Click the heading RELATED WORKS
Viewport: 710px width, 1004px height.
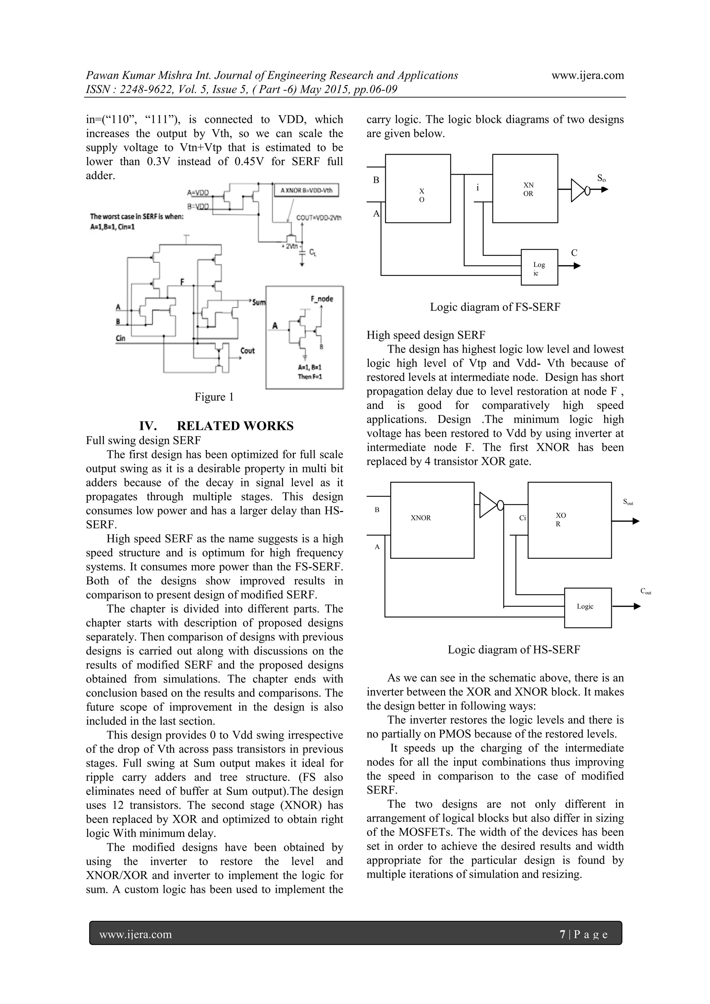coord(235,426)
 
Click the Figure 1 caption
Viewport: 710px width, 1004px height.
coord(214,397)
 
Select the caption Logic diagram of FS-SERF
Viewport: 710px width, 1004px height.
coord(495,307)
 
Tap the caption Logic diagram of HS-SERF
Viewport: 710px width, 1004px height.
coord(514,650)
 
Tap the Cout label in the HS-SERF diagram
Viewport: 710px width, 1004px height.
coord(646,591)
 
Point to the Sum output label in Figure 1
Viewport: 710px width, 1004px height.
coord(259,302)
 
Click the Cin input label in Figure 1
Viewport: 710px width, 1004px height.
coord(120,338)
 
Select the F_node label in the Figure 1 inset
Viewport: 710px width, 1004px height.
coord(322,299)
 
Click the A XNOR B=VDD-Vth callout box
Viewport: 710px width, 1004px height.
coord(306,190)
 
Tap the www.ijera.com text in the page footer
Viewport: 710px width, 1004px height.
coord(136,934)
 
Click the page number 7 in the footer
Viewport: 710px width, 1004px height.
coord(563,934)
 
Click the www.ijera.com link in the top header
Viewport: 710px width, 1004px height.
coord(588,75)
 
